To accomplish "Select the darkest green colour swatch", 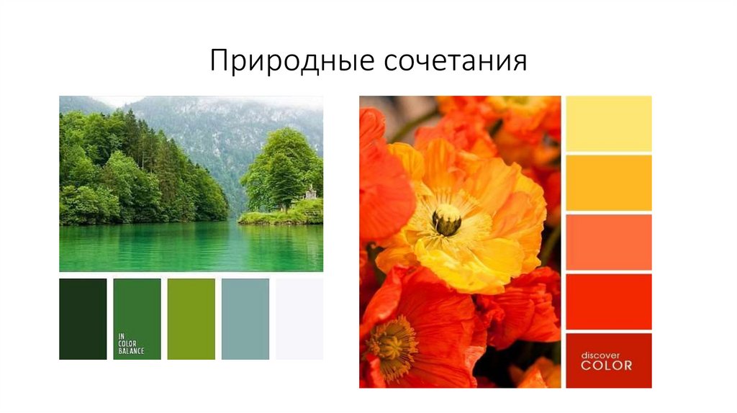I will (x=83, y=319).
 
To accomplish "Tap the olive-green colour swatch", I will (x=191, y=319).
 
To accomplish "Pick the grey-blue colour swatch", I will (x=245, y=319).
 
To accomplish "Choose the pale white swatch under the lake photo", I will (x=299, y=319).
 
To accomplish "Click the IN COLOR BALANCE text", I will (x=131, y=345).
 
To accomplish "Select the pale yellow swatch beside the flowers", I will (x=609, y=124).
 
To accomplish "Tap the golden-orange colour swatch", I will (x=609, y=183).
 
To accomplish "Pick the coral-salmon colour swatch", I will (x=609, y=242).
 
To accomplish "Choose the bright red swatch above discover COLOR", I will (x=609, y=301).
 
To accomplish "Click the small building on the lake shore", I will (x=310, y=192).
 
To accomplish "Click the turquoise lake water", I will (x=180, y=248).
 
